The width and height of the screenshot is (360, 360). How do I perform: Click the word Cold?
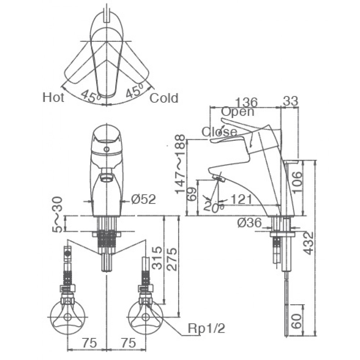point(164,98)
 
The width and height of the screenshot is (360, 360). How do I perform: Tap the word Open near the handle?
point(238,112)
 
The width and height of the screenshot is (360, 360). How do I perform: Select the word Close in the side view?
point(219,132)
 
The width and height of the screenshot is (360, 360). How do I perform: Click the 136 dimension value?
point(247,102)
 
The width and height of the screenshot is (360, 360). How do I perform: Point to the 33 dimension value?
point(291,101)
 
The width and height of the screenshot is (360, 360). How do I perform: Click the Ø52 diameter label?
point(144,199)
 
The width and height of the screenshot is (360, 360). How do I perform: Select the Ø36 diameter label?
point(249,223)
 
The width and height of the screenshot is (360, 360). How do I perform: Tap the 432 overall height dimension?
point(309,243)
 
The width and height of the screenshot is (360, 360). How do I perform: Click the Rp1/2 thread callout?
point(206,329)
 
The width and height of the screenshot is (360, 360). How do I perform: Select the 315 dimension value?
point(158,258)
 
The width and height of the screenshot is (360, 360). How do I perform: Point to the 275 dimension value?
point(172,259)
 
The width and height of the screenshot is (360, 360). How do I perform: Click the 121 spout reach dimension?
point(241,199)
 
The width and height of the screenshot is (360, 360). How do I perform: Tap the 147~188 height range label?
point(180,164)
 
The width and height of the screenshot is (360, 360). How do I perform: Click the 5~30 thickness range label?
point(57,215)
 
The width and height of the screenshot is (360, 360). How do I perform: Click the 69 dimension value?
point(192,194)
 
